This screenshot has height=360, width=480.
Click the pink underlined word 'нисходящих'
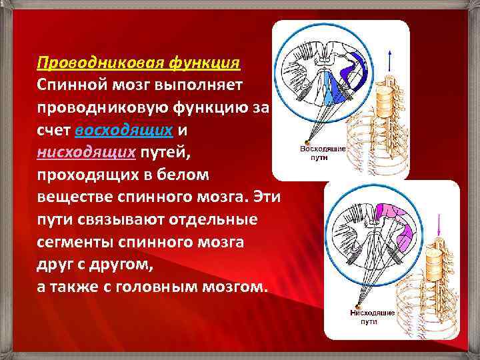[x=86, y=153]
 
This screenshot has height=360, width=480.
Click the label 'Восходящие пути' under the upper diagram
[x=323, y=155]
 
